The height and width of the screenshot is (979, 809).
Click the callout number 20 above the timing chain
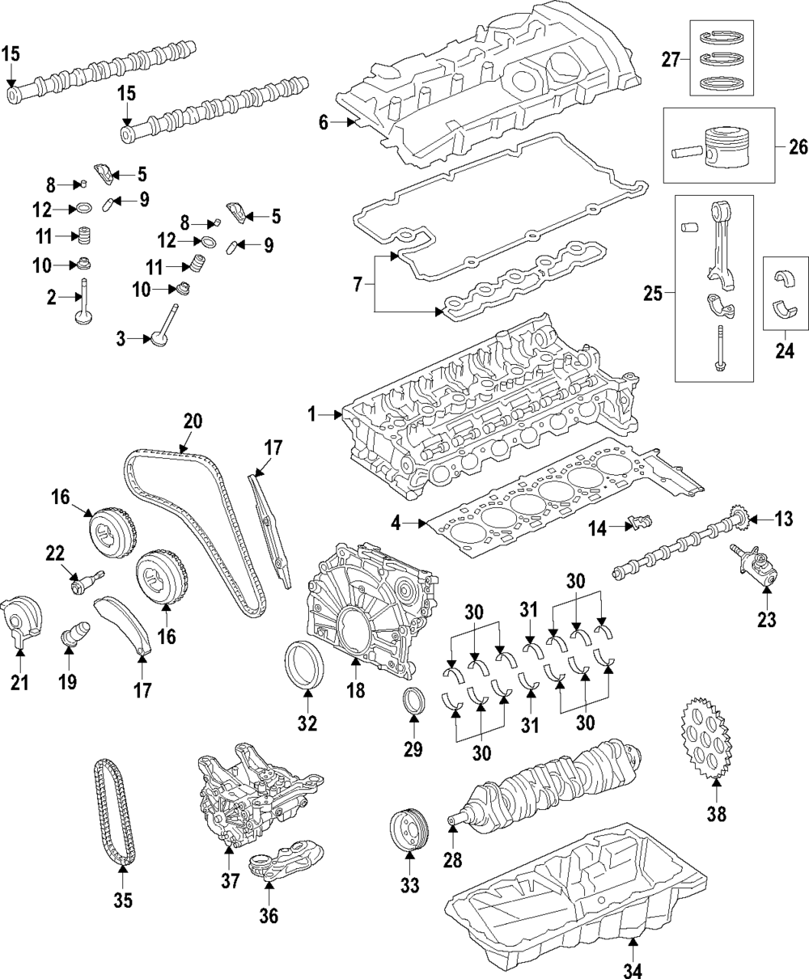coord(193,421)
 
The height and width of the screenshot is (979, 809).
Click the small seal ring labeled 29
coord(413,701)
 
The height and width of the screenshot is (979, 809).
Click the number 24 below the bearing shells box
coord(784,350)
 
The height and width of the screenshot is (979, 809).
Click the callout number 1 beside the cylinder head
coord(312,415)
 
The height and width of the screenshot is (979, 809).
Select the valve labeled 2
coord(84,303)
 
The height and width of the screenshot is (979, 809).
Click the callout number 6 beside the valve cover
coord(322,123)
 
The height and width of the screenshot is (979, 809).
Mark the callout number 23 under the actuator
coord(765,620)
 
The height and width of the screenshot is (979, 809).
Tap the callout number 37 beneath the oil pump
coord(231,881)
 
